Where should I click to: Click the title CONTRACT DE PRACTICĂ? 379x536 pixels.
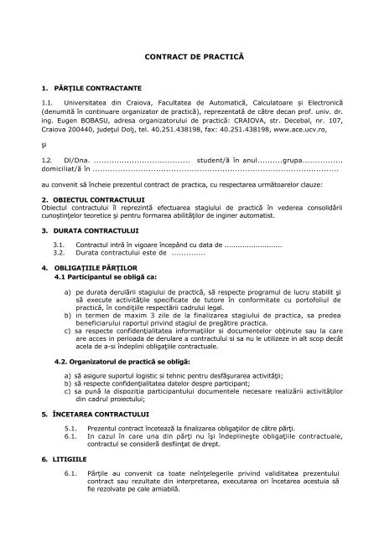[194, 54]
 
